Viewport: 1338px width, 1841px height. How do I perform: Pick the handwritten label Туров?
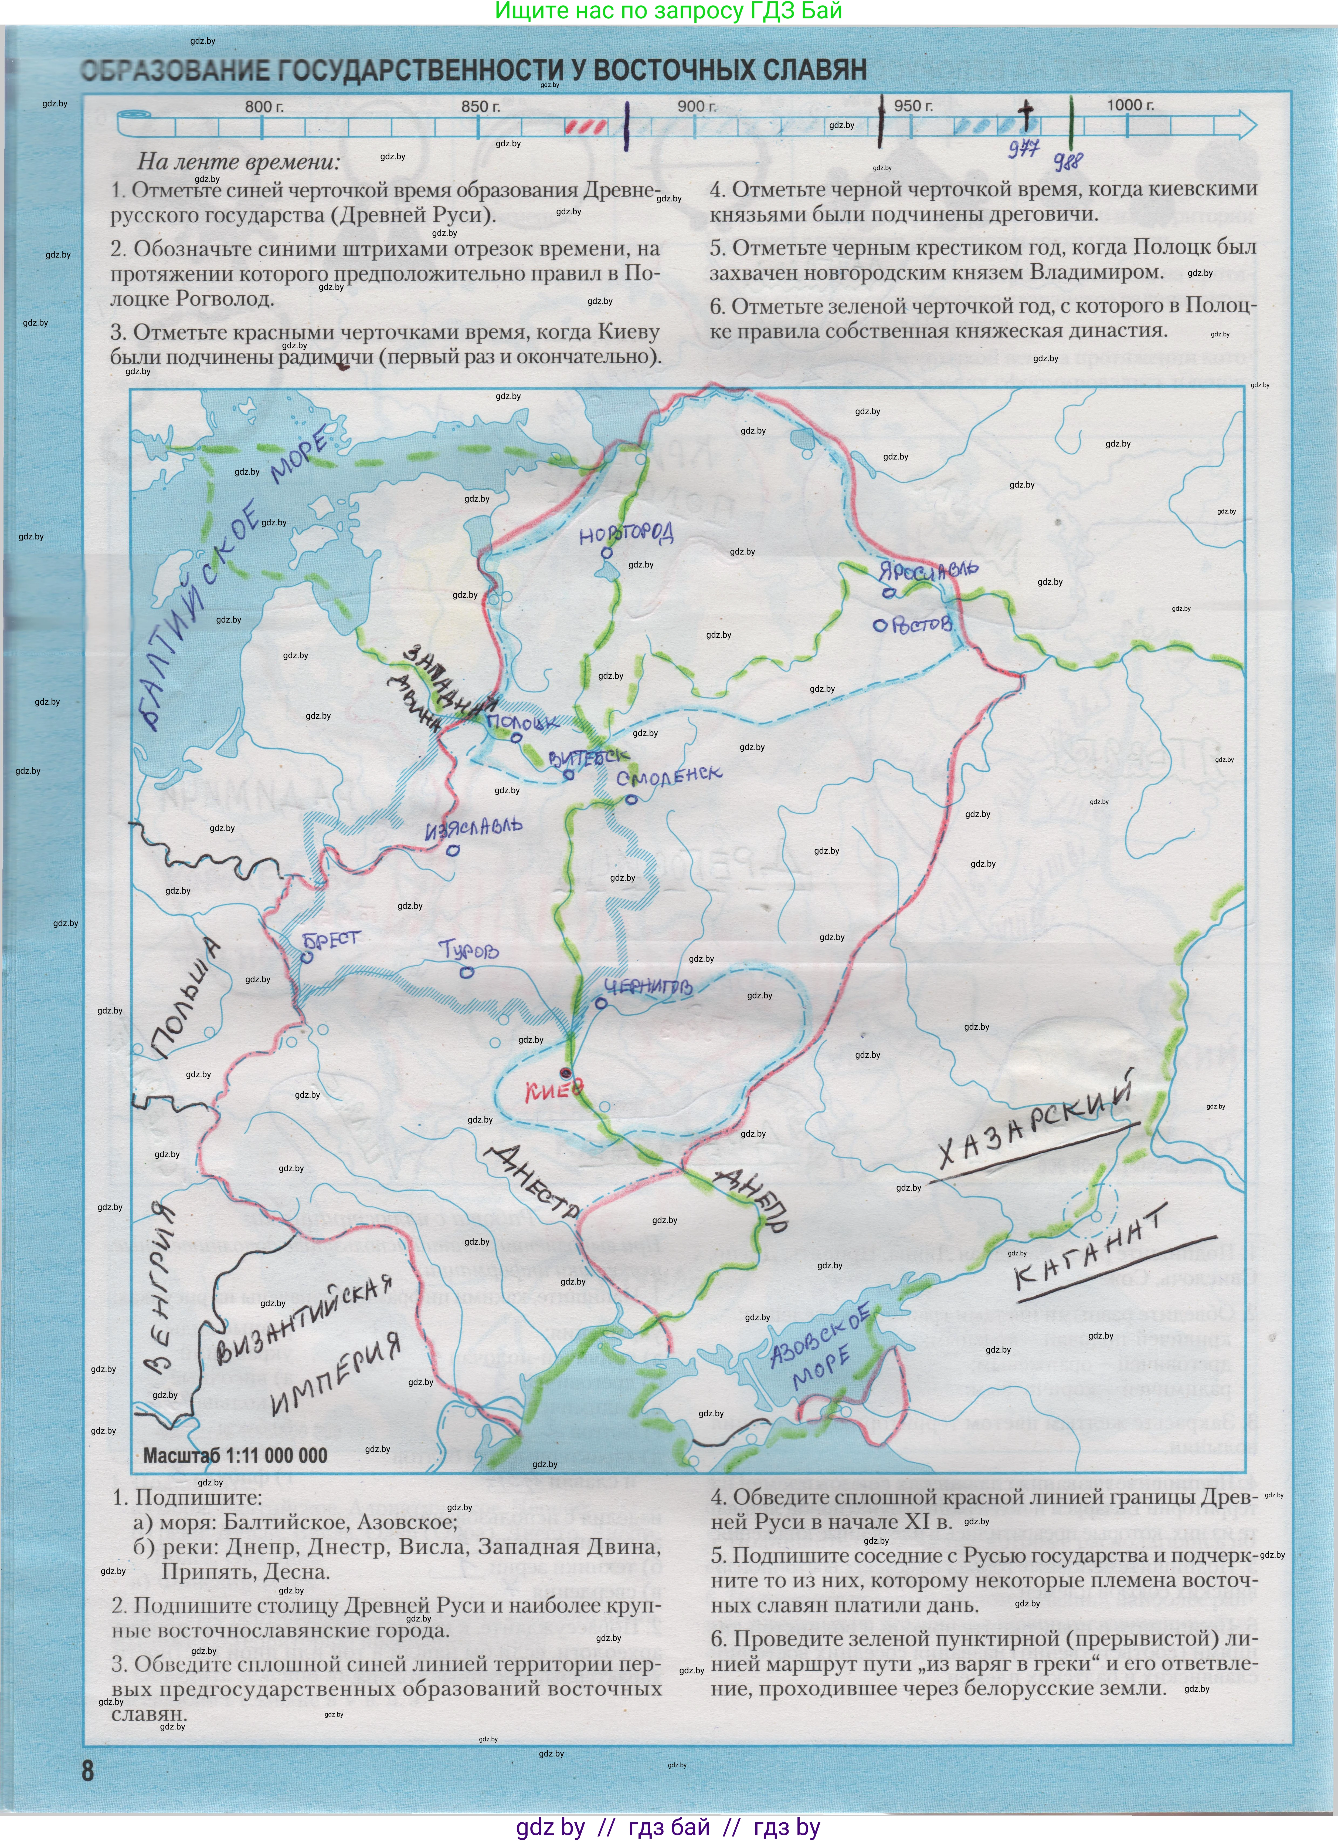pos(468,950)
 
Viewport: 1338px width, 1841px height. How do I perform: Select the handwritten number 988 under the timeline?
pos(1068,160)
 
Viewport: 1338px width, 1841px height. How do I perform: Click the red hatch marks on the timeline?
pos(584,127)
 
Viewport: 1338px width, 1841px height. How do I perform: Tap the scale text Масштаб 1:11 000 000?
pos(235,1455)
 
